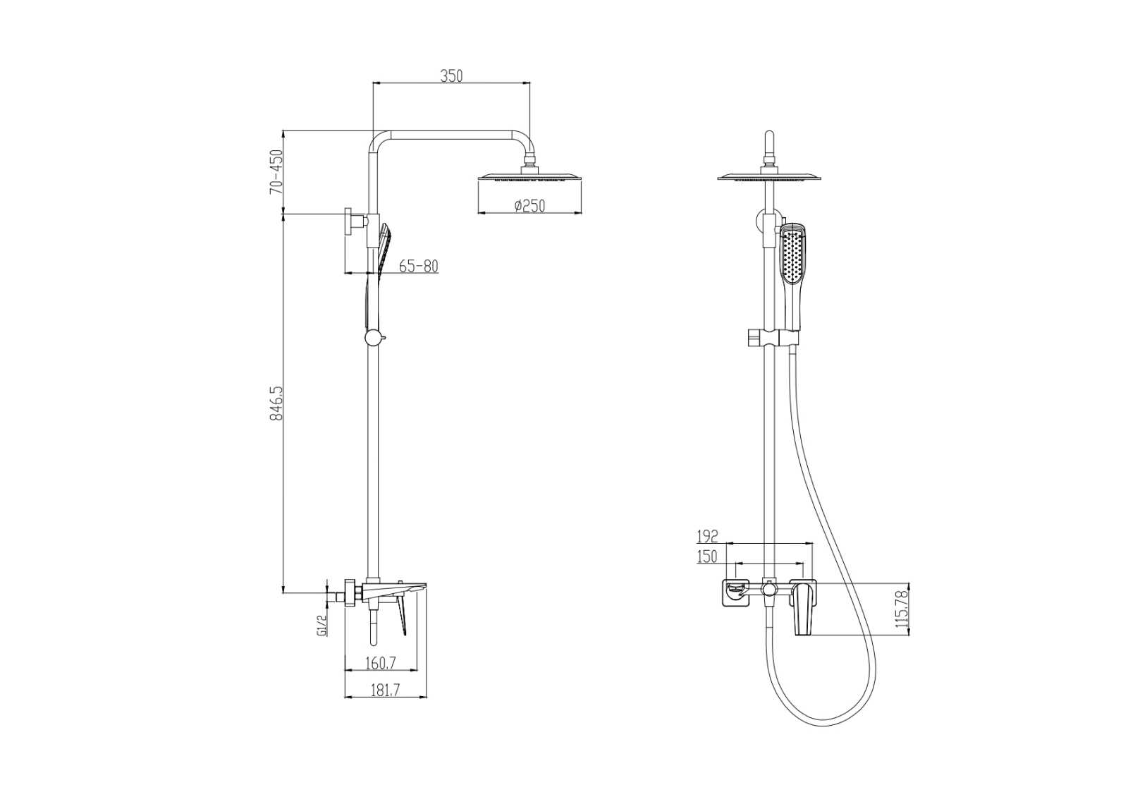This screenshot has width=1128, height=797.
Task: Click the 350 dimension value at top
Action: (x=451, y=76)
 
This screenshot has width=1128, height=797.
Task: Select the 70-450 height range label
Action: (x=276, y=172)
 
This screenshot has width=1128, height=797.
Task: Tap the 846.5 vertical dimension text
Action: (x=276, y=403)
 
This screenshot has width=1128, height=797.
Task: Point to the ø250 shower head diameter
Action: (x=529, y=205)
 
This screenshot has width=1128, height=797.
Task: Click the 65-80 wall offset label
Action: (x=419, y=266)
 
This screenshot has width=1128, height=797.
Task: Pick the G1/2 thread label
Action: (x=323, y=625)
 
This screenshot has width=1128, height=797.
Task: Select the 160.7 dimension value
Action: (x=381, y=664)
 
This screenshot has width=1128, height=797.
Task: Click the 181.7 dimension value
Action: (x=385, y=690)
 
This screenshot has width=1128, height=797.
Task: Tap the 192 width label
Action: (x=708, y=536)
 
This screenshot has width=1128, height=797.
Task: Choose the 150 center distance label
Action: (x=708, y=556)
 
